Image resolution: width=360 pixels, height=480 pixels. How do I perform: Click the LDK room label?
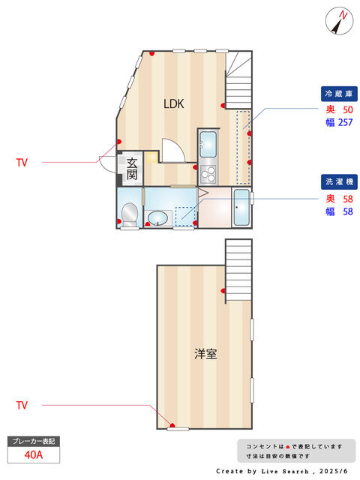(173, 103)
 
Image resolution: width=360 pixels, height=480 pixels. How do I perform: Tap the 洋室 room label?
(205, 354)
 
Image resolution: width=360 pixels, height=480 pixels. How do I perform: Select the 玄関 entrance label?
(132, 169)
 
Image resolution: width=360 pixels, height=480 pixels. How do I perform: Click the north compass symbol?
(339, 21)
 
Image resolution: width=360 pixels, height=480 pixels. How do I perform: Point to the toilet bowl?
(130, 213)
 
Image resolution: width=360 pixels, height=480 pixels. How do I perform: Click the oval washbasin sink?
(157, 218)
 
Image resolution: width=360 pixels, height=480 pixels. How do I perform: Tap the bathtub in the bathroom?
(241, 207)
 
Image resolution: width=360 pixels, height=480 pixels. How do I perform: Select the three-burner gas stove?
(208, 174)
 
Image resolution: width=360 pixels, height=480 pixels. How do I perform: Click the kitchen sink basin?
(208, 143)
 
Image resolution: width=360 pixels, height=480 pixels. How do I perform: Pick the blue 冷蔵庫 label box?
(339, 94)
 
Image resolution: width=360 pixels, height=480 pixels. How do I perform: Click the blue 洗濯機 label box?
(339, 181)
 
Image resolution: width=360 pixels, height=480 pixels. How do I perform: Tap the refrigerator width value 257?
(345, 122)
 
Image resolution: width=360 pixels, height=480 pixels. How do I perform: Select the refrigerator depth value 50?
(348, 109)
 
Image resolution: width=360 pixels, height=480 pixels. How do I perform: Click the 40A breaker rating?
(34, 455)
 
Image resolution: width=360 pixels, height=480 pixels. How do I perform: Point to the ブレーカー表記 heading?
(34, 441)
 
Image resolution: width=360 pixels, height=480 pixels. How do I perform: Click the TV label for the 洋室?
(22, 405)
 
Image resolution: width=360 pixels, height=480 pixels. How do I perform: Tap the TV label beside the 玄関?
(22, 162)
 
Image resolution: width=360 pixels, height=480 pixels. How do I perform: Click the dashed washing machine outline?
(185, 217)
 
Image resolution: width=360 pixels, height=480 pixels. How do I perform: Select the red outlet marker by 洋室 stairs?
(223, 291)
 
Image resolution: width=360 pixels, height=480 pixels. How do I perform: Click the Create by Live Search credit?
(282, 471)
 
